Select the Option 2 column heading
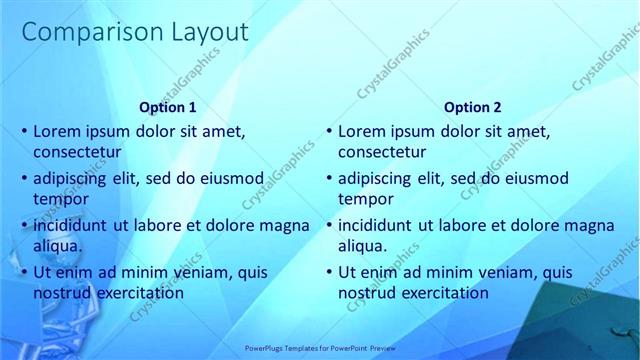click(473, 107)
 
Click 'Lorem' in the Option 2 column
click(361, 131)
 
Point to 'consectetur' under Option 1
click(78, 153)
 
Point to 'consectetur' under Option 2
click(382, 153)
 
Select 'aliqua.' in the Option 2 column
click(363, 246)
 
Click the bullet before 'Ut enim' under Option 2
click(328, 272)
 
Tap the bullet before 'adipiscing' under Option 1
click(24, 179)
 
